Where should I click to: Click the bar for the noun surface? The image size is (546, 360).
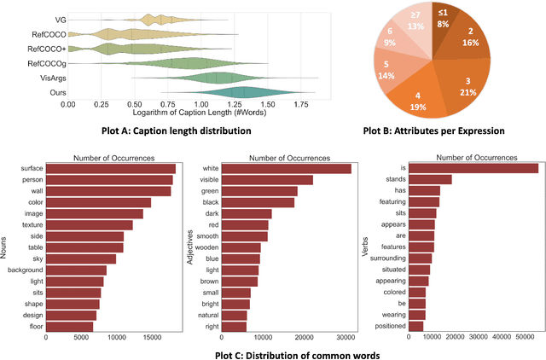110,168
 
